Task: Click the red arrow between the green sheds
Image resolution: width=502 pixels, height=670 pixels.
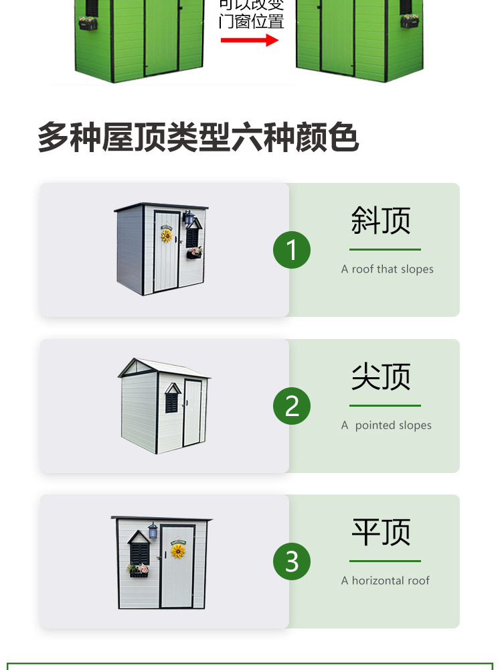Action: pos(250,40)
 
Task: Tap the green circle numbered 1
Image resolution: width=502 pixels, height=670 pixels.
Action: pos(292,250)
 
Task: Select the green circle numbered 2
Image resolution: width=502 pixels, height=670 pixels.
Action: pos(292,406)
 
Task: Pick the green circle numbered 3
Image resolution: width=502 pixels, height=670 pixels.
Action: pos(292,561)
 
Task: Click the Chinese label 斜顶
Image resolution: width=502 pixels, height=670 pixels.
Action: pos(381,220)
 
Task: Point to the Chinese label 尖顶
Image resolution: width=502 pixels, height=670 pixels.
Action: pos(381,377)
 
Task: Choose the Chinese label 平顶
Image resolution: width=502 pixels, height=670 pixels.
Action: pos(381,532)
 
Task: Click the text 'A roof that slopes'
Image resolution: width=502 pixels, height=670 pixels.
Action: pos(387,269)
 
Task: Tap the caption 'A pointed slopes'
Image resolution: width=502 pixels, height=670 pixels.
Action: pos(386,425)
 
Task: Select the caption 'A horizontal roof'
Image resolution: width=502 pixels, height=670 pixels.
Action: pos(385,581)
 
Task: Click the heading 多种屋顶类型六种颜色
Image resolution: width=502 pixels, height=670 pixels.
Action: pos(198,137)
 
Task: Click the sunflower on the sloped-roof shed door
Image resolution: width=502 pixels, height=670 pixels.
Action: pos(167,235)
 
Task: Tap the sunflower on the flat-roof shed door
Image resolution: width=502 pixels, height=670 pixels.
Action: pos(178,551)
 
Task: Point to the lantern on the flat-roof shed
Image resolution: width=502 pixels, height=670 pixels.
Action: pos(153,531)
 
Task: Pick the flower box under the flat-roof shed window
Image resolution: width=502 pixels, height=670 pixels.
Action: pos(139,571)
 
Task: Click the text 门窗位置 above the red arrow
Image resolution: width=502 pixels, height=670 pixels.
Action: pos(252,21)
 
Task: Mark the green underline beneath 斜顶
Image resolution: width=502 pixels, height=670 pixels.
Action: pos(385,250)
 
